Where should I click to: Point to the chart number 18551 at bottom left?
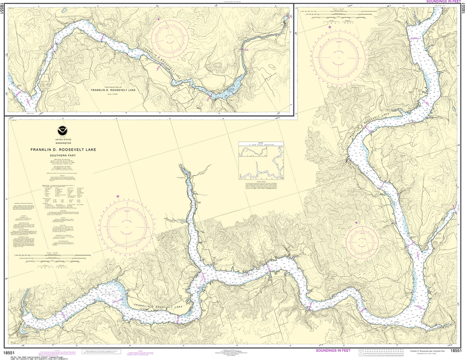[x=10, y=352]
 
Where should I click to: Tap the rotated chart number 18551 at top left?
[x=2, y=9]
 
